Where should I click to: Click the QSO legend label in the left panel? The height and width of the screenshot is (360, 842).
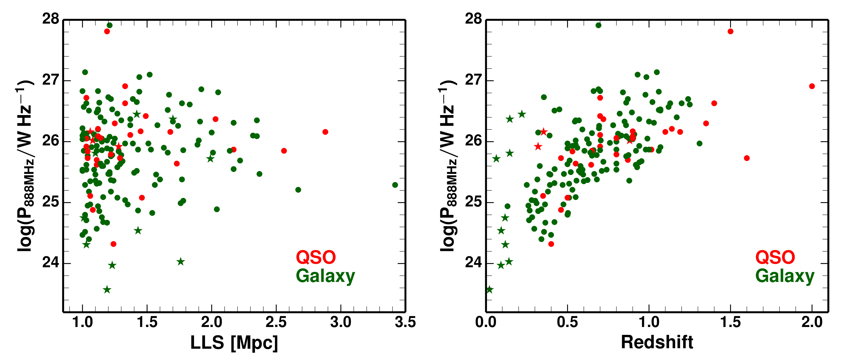click(316, 257)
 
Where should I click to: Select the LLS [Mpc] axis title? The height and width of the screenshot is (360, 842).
click(234, 343)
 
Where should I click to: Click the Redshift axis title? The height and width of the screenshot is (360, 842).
click(657, 342)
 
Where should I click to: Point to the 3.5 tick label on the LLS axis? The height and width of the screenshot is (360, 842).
click(405, 322)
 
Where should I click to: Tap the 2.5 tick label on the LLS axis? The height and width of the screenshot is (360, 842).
click(276, 322)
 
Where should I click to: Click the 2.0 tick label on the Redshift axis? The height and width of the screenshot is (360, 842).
click(812, 322)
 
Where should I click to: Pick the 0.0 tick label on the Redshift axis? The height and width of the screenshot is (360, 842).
click(486, 322)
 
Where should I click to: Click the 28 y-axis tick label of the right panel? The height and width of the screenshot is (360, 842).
click(474, 19)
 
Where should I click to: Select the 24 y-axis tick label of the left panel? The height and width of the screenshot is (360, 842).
click(51, 263)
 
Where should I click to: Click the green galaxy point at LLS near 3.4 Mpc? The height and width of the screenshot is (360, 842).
click(395, 185)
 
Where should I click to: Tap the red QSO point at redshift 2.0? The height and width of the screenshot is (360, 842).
click(812, 86)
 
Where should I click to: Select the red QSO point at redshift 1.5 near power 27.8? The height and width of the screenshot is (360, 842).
click(730, 31)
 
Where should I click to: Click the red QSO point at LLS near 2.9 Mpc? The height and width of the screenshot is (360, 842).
click(325, 132)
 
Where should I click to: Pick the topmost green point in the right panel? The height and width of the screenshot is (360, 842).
click(599, 25)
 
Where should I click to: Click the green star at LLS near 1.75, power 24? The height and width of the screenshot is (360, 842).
click(181, 261)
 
